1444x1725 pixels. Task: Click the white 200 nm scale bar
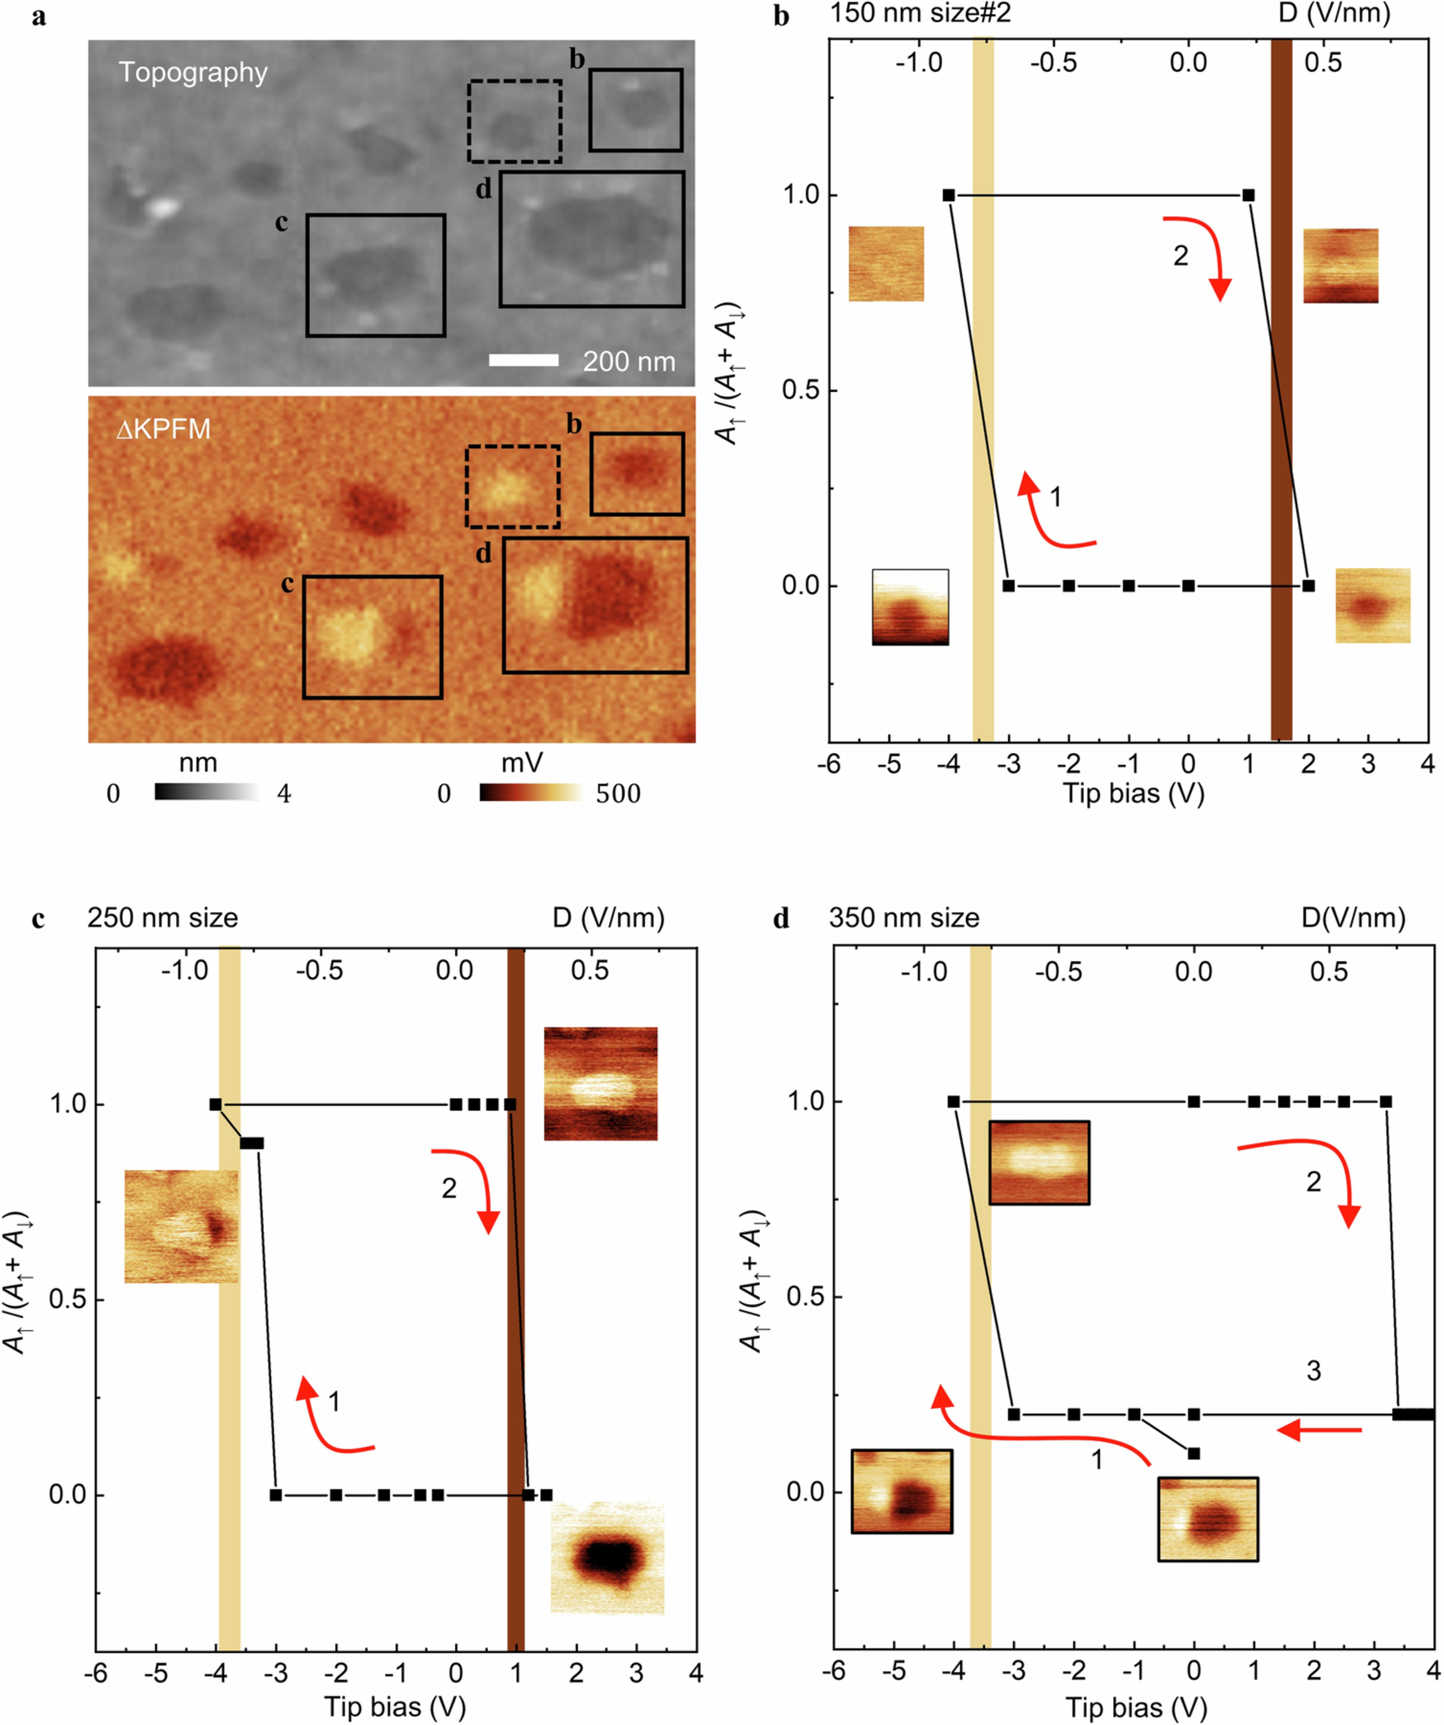pos(523,360)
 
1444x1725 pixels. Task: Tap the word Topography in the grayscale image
pos(193,72)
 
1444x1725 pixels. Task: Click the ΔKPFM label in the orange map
pos(163,429)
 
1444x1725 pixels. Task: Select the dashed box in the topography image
pos(514,82)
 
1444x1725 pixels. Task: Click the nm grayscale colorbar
pos(207,792)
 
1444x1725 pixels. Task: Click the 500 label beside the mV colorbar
pos(618,793)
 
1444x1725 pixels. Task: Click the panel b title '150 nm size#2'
pos(920,14)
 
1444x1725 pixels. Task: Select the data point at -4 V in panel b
pos(949,195)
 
